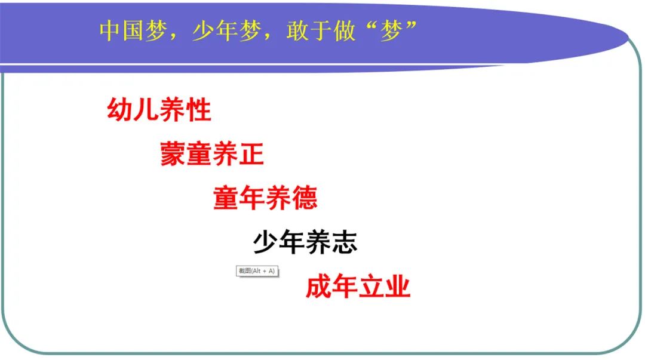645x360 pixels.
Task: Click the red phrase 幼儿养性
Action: [x=159, y=110]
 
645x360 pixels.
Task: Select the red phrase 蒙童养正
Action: [x=212, y=155]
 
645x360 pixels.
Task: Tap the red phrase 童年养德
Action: [x=265, y=198]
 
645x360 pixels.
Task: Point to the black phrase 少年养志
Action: [x=305, y=242]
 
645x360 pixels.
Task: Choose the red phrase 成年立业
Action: [x=358, y=287]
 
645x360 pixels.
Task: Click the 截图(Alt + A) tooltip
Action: [x=257, y=271]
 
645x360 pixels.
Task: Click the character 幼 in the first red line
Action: [x=119, y=110]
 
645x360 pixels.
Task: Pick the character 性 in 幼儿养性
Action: [x=199, y=110]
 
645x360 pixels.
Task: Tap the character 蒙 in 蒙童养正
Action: [x=173, y=155]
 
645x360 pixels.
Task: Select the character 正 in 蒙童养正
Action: [x=251, y=155]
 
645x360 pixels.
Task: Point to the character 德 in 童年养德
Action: [x=305, y=198]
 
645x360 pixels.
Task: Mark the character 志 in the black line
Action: [x=345, y=242]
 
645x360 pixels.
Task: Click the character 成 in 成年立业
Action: [x=318, y=287]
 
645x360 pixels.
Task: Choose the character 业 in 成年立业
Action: [x=398, y=287]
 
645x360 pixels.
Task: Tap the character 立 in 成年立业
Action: [x=371, y=287]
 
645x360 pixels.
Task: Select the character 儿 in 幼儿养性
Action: [x=146, y=110]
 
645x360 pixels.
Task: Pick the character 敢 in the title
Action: [x=297, y=31]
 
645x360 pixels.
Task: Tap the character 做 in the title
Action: [x=344, y=31]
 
